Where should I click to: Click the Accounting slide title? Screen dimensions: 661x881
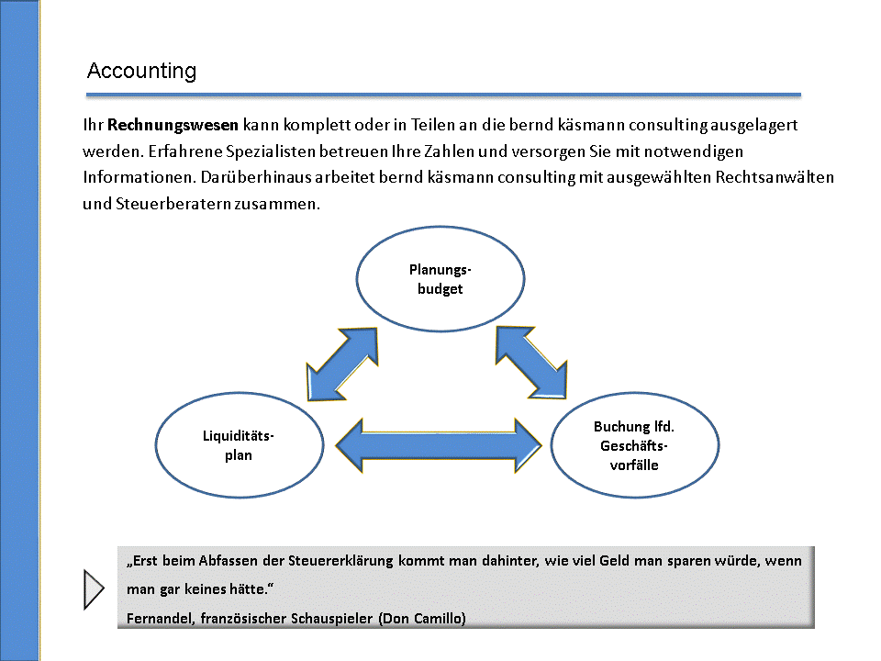(141, 71)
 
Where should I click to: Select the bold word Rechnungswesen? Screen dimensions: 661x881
(173, 124)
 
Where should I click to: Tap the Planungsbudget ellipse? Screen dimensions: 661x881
(440, 279)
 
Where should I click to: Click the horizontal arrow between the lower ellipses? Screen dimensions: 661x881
(439, 446)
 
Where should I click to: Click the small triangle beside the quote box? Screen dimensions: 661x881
(94, 588)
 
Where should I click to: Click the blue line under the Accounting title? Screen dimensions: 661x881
(443, 94)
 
